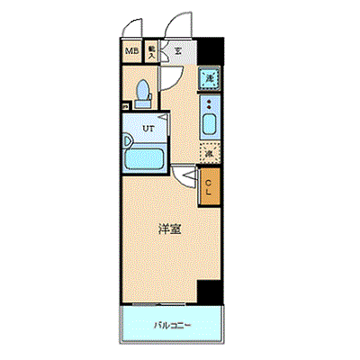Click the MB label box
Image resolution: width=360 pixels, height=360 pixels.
point(132,51)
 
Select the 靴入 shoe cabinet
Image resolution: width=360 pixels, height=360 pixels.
point(152,52)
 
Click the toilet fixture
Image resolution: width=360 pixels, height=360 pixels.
point(141,89)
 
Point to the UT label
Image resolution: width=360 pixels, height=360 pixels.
point(148,127)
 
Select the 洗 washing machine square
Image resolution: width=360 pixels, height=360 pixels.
point(209,80)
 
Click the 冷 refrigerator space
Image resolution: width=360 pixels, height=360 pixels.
point(209,153)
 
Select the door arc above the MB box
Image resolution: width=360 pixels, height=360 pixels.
point(133,29)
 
